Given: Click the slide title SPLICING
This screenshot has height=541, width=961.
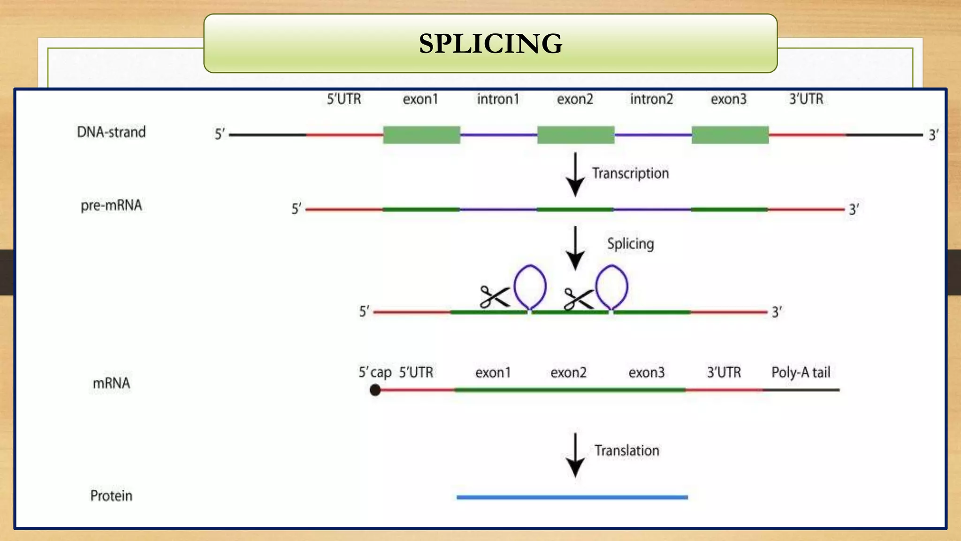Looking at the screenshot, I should (490, 44).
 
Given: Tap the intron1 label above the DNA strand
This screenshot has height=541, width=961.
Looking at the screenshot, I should (498, 99).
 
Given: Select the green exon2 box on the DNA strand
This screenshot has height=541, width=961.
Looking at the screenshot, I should (576, 135).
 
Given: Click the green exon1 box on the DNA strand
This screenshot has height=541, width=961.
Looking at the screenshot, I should (421, 135).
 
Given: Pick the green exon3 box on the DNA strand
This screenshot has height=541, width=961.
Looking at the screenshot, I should (730, 135).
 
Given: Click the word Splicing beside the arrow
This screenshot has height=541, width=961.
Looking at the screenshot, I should (630, 244).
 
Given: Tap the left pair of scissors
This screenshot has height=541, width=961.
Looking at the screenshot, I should (494, 297).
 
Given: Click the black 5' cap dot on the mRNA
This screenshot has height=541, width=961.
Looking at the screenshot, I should (375, 390).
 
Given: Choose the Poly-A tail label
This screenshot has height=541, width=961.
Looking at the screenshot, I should (801, 372).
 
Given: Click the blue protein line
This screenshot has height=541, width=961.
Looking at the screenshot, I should (572, 497).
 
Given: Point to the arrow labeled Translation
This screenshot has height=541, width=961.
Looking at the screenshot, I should (575, 455).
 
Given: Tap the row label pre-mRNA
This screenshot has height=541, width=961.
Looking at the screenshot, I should (111, 205).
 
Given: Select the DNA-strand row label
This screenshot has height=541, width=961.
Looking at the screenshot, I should (111, 132).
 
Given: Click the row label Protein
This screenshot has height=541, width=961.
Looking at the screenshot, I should (111, 495).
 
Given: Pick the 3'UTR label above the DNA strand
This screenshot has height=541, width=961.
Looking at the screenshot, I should (806, 99).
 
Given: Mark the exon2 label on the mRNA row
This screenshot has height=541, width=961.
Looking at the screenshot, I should (568, 372).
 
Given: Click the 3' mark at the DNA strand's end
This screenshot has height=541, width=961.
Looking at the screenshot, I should (933, 135).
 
